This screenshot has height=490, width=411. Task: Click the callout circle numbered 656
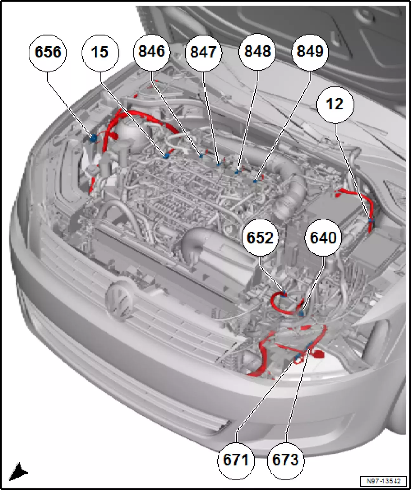pyautogui.click(x=48, y=53)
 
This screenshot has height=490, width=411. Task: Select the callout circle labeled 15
pyautogui.click(x=100, y=53)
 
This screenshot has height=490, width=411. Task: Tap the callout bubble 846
pyautogui.click(x=152, y=52)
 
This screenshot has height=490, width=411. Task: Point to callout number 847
pyautogui.click(x=204, y=53)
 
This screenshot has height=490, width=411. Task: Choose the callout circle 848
pyautogui.click(x=258, y=52)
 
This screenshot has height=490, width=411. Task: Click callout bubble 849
pyautogui.click(x=310, y=52)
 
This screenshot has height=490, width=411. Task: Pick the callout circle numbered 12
pyautogui.click(x=335, y=105)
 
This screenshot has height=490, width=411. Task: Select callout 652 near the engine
pyautogui.click(x=260, y=238)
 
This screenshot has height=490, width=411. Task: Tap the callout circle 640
pyautogui.click(x=323, y=238)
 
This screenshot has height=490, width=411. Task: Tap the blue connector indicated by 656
pyautogui.click(x=93, y=139)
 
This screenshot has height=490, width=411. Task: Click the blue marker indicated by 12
pyautogui.click(x=370, y=221)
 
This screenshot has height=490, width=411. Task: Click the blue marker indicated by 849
pyautogui.click(x=255, y=181)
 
